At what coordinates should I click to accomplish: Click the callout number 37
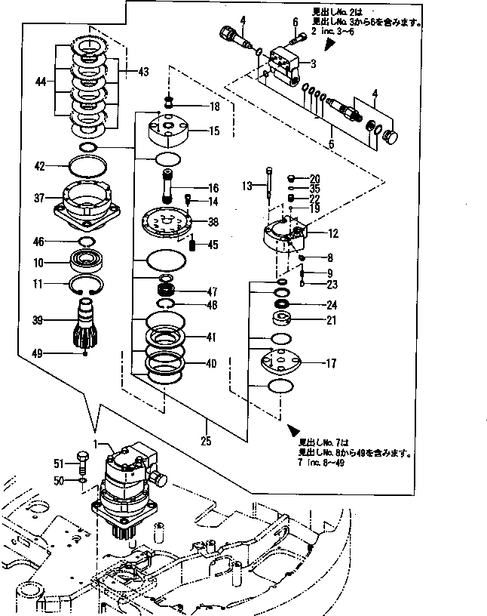40,199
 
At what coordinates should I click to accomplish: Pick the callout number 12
332,233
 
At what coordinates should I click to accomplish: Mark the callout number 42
40,165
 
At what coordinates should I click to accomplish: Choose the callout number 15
214,131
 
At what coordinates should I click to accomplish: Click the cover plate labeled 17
280,363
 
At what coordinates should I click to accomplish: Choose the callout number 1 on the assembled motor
96,444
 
